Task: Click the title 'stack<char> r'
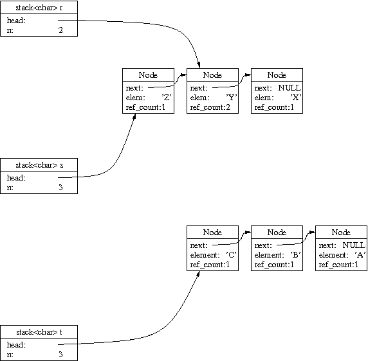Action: [39, 8]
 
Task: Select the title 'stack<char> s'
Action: [39, 165]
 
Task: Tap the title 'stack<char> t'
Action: [39, 332]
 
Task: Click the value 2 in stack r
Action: [60, 30]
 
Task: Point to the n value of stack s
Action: [60, 188]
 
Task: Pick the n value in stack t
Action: [60, 354]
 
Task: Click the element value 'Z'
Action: [167, 98]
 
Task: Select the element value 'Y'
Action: [232, 98]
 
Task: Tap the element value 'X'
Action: [296, 98]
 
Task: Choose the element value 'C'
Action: [231, 255]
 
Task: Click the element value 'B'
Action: [296, 255]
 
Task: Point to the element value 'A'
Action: [360, 255]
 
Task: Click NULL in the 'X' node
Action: [290, 88]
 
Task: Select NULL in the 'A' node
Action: [354, 245]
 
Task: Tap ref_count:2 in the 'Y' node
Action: [210, 107]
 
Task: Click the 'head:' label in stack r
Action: [16, 21]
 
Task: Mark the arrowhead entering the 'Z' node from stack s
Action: [134, 116]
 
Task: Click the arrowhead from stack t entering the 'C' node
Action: [198, 274]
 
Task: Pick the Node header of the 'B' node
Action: [277, 232]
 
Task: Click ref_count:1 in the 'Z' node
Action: [145, 107]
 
